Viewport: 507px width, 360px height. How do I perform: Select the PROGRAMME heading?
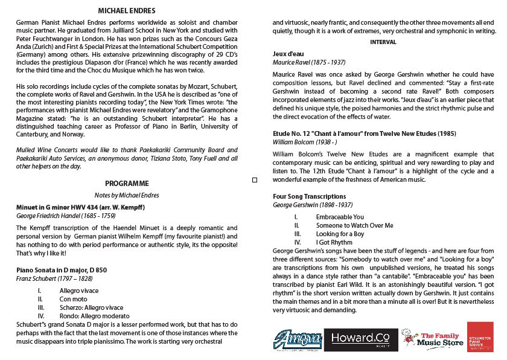[127, 183]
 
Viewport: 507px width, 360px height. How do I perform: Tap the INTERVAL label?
[383, 42]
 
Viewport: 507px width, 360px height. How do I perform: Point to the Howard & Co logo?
[360, 339]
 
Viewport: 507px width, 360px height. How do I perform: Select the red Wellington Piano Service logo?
[480, 337]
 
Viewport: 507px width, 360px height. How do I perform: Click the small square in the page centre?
[254, 180]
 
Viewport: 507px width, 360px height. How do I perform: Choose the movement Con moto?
[73, 298]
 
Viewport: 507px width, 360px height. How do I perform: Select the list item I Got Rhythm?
[334, 242]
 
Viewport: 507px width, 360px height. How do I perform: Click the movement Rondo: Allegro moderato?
[94, 315]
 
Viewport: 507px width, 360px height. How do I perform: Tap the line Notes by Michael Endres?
[126, 195]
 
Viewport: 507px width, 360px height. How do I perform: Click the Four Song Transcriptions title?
[310, 196]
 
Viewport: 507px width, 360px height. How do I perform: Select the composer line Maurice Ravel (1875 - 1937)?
[309, 62]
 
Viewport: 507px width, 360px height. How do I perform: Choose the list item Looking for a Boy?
[340, 234]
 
